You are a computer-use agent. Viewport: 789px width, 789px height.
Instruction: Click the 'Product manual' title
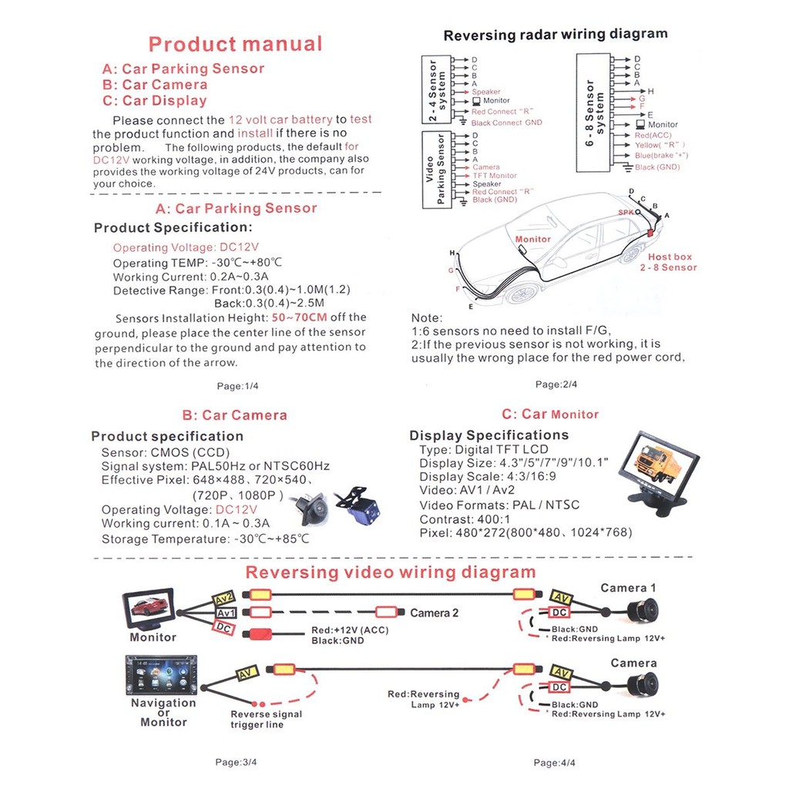[x=235, y=44]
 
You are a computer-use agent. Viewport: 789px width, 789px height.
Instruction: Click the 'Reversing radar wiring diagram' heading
[x=556, y=34]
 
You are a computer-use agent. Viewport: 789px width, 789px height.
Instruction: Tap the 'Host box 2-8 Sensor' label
[x=668, y=262]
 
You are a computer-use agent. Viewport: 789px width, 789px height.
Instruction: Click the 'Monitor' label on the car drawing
[x=532, y=239]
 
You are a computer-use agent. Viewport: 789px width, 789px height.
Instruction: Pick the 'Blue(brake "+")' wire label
[x=661, y=156]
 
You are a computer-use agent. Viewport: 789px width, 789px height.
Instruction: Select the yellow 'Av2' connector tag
[x=223, y=597]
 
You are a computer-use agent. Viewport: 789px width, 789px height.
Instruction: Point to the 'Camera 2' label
[x=434, y=613]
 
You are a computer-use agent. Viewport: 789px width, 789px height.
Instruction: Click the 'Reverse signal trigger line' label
[x=267, y=719]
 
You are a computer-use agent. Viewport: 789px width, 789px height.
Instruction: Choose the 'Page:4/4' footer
[x=555, y=763]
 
